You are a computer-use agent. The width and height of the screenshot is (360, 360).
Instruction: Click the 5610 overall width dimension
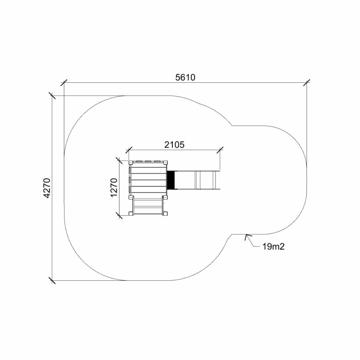(185, 77)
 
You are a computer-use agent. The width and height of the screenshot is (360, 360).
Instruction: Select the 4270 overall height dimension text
(47, 188)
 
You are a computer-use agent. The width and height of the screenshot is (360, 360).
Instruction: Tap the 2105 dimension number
(174, 145)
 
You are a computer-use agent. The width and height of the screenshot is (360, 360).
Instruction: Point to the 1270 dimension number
(114, 188)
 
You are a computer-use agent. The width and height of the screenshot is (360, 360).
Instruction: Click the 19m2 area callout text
(273, 246)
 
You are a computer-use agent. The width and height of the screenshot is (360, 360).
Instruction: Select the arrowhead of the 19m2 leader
(247, 237)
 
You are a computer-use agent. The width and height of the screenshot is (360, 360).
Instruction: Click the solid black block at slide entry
(171, 180)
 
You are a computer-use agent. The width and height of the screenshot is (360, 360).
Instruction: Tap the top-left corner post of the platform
(131, 162)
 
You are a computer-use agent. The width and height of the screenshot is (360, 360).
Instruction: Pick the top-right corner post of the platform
(165, 162)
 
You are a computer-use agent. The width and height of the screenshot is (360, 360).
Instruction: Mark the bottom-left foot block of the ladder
(131, 214)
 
